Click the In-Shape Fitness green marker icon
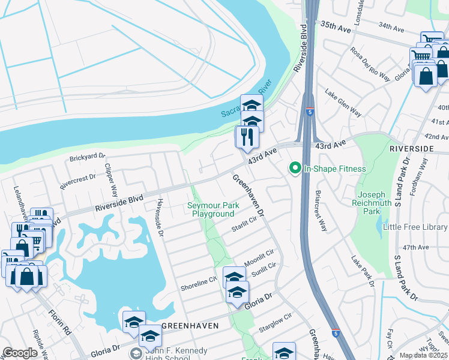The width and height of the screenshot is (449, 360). (295, 169)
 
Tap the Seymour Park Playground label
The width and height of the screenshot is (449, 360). (213, 209)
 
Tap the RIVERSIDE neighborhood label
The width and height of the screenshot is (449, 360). (411, 148)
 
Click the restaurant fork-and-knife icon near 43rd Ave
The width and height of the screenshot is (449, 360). (247, 137)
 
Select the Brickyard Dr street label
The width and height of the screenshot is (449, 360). (88, 158)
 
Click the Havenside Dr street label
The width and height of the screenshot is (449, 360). (160, 218)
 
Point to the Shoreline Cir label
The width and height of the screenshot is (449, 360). (199, 284)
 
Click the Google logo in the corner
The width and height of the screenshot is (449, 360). (20, 353)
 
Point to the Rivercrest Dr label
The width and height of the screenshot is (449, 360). (79, 178)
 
